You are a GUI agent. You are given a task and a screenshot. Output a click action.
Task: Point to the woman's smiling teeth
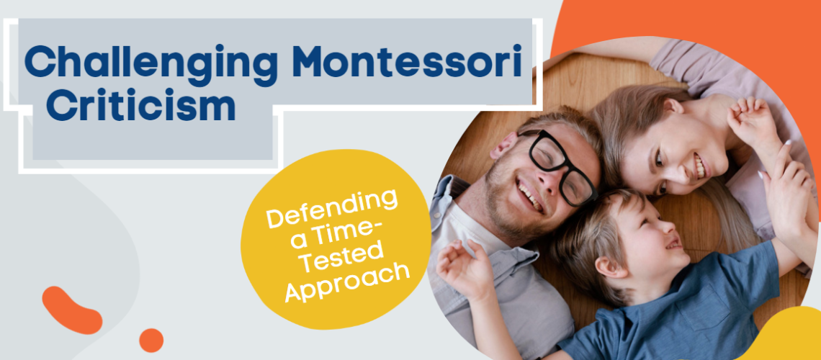697,168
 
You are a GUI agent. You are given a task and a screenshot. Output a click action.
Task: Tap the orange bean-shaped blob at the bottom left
71,310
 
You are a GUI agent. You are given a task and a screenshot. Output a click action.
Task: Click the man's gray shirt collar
461,216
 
